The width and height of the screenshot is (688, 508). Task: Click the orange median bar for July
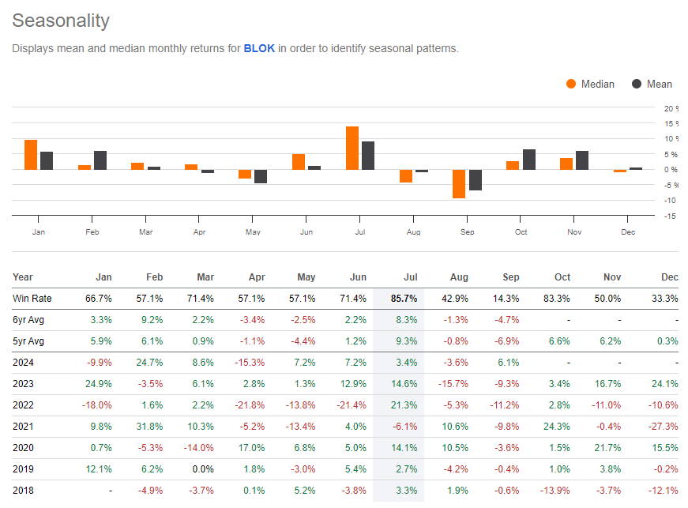(x=352, y=148)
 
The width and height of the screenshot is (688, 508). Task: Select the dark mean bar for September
(x=476, y=180)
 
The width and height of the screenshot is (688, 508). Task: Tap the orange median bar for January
(x=31, y=155)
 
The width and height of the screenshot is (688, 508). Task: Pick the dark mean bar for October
(x=529, y=160)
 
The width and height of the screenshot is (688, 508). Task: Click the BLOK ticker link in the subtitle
(x=259, y=48)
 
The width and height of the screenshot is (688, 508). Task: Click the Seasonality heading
(x=61, y=21)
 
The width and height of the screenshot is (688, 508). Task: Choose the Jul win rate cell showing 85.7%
(x=402, y=298)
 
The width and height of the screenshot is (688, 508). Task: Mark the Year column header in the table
(x=23, y=277)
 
